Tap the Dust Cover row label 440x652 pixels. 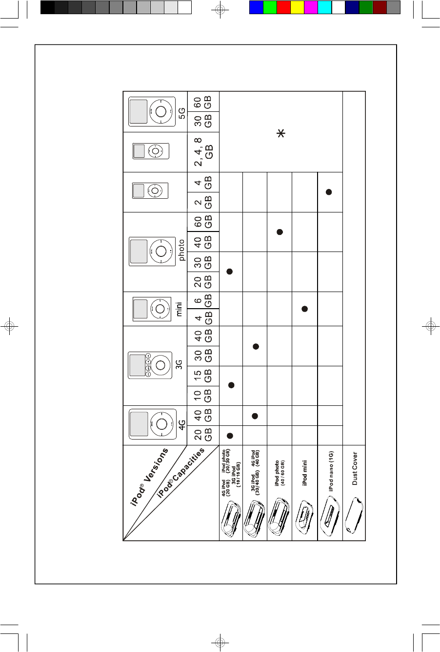355,468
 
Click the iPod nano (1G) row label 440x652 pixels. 330,471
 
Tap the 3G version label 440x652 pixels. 180,364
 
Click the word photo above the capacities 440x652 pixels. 181,251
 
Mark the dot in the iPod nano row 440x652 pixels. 329,192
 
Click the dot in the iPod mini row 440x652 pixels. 304,309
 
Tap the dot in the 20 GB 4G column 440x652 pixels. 230,435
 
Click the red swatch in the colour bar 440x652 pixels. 283,7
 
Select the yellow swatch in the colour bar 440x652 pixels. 297,7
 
